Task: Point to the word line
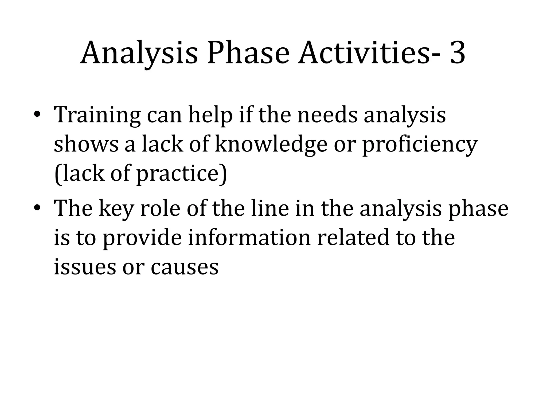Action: [x=270, y=208]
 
